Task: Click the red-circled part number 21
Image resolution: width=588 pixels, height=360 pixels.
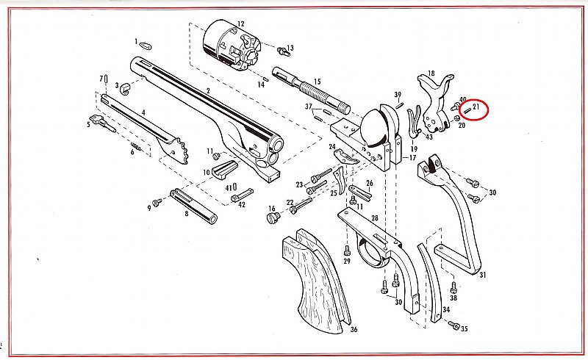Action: [476, 107]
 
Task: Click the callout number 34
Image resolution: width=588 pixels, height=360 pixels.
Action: [446, 309]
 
